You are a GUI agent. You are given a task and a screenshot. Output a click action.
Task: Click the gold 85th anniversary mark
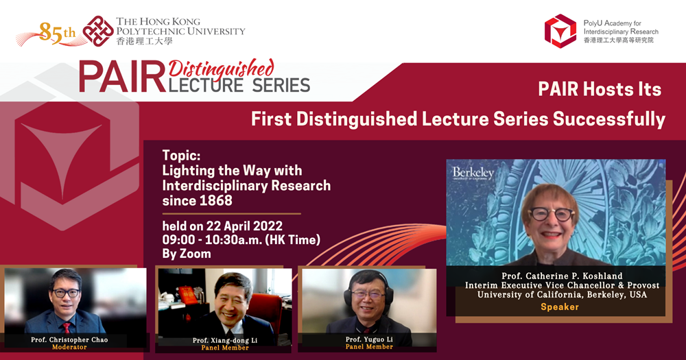[57, 33]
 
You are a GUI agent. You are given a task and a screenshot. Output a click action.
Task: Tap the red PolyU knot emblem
[98, 31]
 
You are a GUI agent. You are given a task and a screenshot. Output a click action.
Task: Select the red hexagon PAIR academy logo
[560, 31]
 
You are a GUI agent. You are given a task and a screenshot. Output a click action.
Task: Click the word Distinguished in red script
[222, 69]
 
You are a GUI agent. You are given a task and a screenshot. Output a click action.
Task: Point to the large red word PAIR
[123, 78]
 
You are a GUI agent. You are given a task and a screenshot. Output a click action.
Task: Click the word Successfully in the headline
[609, 119]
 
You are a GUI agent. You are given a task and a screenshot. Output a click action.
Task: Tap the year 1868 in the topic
[215, 201]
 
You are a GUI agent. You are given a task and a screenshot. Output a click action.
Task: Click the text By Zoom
[187, 254]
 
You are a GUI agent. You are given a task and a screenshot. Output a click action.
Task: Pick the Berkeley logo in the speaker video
[473, 173]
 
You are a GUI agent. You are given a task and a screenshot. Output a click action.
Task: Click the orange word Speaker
[560, 307]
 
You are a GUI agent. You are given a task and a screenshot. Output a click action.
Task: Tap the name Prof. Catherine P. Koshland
[562, 276]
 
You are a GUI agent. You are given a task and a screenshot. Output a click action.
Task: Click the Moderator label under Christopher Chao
[69, 347]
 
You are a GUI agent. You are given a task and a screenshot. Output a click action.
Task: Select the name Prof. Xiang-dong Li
[225, 340]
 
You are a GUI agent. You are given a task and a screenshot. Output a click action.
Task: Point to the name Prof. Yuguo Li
[369, 339]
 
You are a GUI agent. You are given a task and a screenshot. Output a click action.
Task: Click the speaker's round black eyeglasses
[552, 214]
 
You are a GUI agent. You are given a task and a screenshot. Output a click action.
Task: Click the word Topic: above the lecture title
[181, 155]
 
